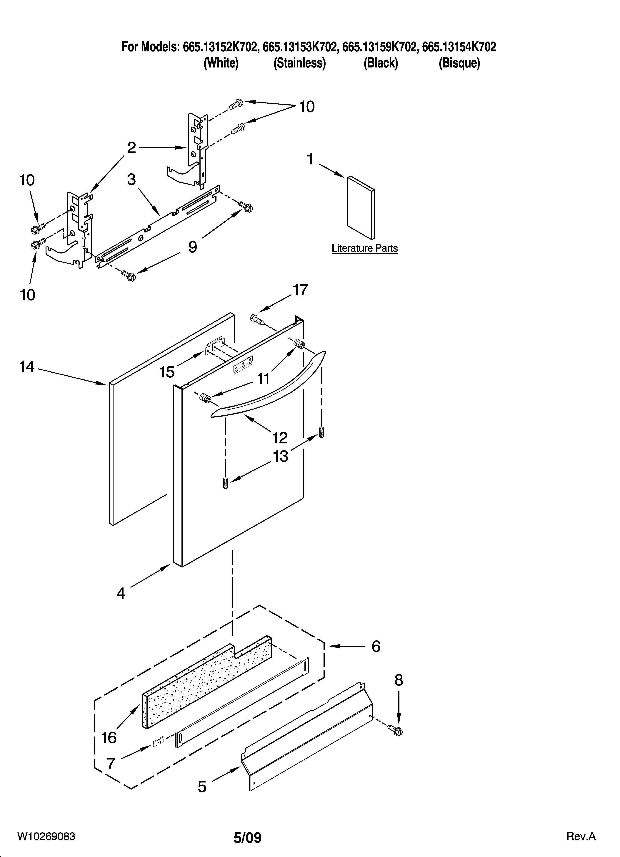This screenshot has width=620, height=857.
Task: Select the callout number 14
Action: [27, 366]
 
